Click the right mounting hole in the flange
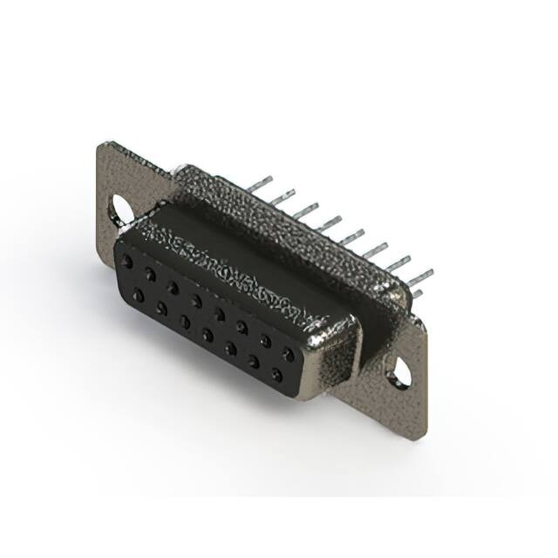(398, 375)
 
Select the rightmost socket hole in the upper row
(288, 354)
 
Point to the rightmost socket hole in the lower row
(277, 375)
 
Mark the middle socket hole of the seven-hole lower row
(208, 334)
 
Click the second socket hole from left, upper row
(151, 274)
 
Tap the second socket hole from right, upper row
(265, 341)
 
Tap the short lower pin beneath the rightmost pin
(417, 294)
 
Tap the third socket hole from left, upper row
(174, 287)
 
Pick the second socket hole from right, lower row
(254, 362)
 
